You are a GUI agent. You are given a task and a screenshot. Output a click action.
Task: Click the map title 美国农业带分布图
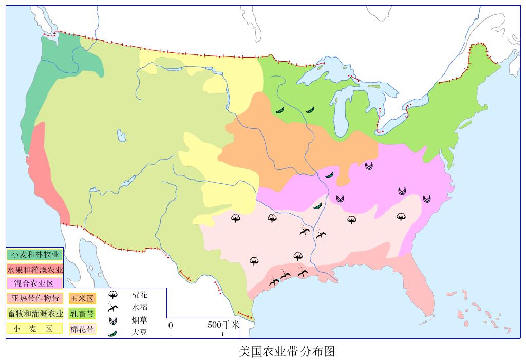pos(287,351)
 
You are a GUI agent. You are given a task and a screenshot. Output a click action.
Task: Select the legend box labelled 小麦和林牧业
pos(34,254)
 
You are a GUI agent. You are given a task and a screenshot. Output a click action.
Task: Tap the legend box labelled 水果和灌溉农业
pos(35,269)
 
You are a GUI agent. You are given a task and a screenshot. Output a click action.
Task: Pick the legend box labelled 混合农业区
pos(34,283)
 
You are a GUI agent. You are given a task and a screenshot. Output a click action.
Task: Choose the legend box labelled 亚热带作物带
pos(35,298)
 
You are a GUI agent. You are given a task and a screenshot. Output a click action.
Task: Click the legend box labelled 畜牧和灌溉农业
pos(35,313)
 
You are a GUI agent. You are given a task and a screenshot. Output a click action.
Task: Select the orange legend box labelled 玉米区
pos(82,298)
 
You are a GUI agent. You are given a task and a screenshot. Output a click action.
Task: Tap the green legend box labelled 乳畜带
pos(82,313)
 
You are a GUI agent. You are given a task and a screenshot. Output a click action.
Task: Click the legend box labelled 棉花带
pos(82,329)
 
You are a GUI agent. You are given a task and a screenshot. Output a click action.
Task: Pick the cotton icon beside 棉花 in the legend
pos(114,295)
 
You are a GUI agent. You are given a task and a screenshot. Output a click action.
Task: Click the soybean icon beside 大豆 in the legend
pos(113,333)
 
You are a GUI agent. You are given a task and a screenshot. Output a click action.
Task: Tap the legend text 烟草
pos(140,320)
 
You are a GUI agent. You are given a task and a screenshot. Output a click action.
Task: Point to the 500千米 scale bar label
pos(223,325)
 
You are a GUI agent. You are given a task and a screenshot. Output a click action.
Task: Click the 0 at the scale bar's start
pos(171,325)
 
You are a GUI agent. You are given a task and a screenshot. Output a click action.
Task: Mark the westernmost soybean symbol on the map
pos(279,110)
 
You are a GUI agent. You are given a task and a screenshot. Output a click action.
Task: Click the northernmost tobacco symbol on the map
pos(369,165)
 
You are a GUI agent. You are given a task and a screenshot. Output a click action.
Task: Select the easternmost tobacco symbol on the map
pos(427,198)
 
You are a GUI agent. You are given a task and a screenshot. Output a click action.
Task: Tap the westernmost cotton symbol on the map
pos(236,218)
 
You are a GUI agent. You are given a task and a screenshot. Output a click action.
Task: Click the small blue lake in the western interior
pos(121,136)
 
